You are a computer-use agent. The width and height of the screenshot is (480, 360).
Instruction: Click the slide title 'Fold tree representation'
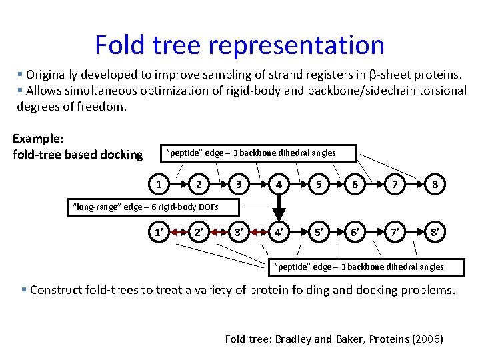click(239, 45)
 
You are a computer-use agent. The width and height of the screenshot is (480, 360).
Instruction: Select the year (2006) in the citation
click(428, 339)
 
